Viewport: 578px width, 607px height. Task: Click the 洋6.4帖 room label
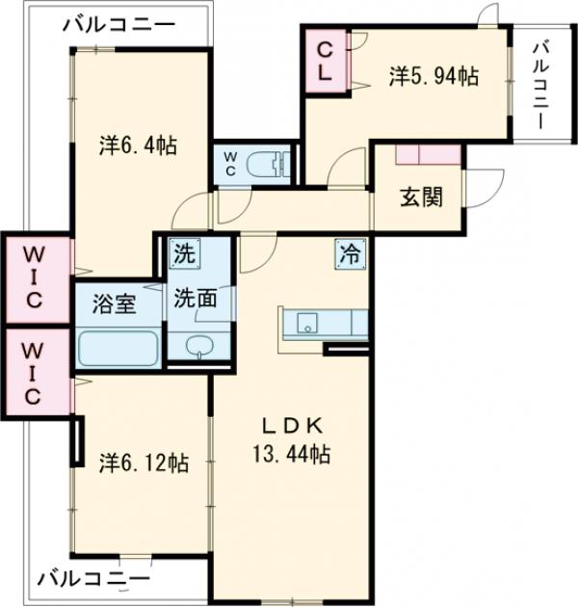(x=137, y=146)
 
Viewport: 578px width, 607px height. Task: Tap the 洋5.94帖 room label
(x=433, y=76)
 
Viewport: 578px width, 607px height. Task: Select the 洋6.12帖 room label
(x=143, y=462)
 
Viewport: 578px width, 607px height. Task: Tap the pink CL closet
(x=327, y=60)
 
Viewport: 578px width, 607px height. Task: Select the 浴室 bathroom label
(x=114, y=307)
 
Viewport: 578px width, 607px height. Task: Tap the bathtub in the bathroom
(x=118, y=349)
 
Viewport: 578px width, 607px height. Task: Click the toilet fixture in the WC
(x=265, y=164)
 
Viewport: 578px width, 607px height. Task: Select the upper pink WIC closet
(x=35, y=276)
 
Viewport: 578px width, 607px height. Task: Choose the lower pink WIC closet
(x=35, y=371)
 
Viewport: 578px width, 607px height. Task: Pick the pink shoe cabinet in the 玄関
(x=427, y=153)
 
